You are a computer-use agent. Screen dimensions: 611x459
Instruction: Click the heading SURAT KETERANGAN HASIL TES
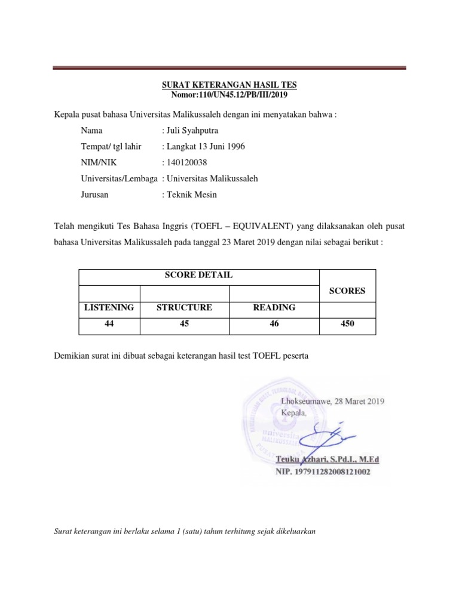[x=229, y=85]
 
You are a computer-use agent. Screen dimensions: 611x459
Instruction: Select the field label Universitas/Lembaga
[x=119, y=178]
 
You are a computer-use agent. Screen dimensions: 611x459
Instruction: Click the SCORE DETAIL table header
[x=199, y=275]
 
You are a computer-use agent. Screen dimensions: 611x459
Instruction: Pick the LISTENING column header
[x=109, y=308]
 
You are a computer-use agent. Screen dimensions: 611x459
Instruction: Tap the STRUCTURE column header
[x=184, y=308]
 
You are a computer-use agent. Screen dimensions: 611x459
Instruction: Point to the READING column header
[x=274, y=308]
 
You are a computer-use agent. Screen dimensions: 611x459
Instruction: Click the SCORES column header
[x=347, y=292]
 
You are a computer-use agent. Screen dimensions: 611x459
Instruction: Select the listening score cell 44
[x=109, y=324]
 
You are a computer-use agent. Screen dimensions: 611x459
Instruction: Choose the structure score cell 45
[x=184, y=324]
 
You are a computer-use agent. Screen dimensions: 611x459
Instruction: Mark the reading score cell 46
[x=274, y=324]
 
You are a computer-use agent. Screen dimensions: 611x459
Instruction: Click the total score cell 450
[x=347, y=324]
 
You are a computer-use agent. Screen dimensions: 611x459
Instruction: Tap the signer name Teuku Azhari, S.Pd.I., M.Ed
[x=328, y=459]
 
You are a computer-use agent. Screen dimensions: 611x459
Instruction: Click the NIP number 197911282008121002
[x=323, y=471]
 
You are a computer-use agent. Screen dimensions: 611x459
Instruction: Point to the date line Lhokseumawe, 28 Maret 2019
[x=332, y=402]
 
